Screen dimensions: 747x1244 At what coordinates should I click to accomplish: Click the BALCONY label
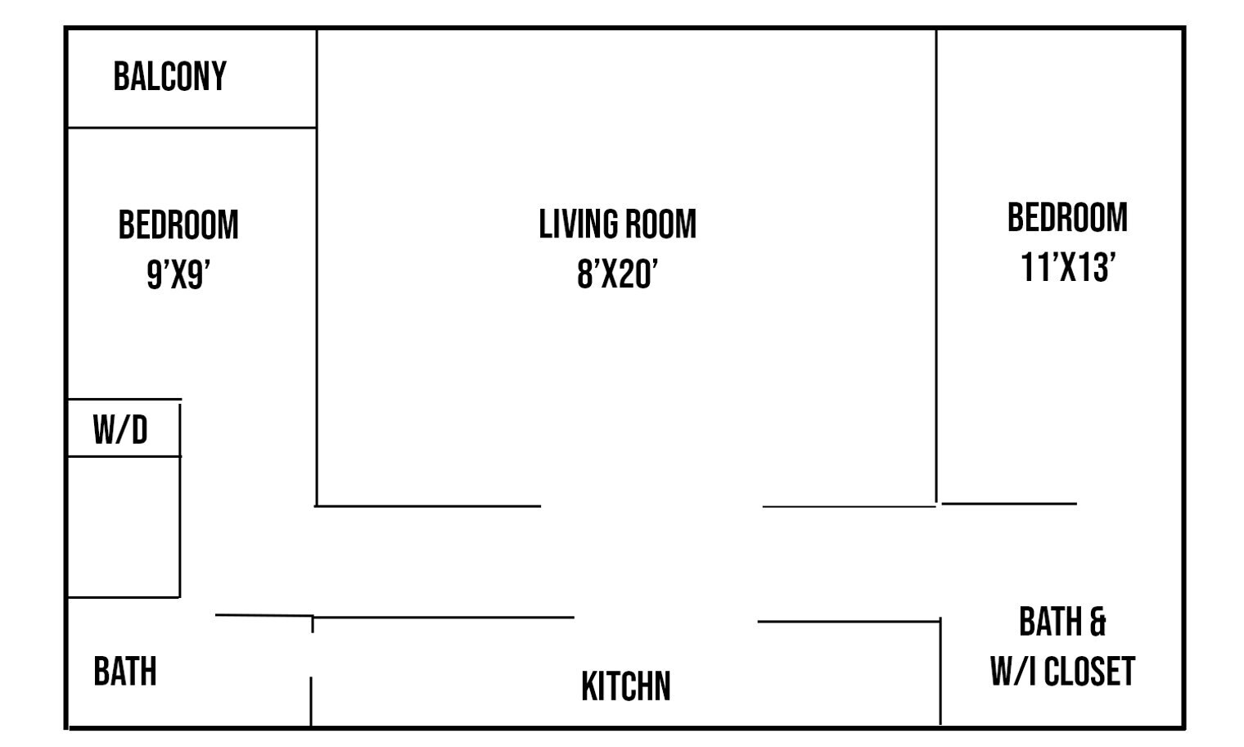pyautogui.click(x=169, y=77)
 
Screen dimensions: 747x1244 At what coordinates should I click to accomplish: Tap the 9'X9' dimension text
pyautogui.click(x=178, y=274)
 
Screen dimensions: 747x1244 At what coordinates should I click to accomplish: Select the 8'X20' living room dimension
pyautogui.click(x=617, y=274)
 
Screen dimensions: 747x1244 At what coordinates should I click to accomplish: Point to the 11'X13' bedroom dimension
pyautogui.click(x=1067, y=267)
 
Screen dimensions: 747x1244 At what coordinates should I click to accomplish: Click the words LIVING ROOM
pyautogui.click(x=617, y=224)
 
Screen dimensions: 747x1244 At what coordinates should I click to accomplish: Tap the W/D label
pyautogui.click(x=120, y=430)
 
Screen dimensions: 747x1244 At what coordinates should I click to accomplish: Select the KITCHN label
pyautogui.click(x=625, y=686)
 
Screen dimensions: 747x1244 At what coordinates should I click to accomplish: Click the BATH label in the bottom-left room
pyautogui.click(x=124, y=672)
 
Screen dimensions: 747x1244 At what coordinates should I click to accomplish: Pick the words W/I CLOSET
pyautogui.click(x=1061, y=672)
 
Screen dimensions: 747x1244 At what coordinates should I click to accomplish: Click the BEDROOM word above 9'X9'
pyautogui.click(x=178, y=225)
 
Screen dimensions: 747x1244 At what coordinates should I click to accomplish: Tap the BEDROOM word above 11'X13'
pyautogui.click(x=1067, y=218)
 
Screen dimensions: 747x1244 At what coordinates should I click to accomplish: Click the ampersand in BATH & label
pyautogui.click(x=1098, y=622)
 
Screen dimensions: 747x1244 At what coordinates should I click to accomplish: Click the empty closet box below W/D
pyautogui.click(x=123, y=527)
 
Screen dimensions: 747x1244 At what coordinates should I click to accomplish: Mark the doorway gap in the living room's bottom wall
pyautogui.click(x=651, y=506)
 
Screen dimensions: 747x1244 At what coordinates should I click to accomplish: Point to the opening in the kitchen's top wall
pyautogui.click(x=665, y=619)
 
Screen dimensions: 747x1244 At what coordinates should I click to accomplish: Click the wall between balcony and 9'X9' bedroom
pyautogui.click(x=191, y=128)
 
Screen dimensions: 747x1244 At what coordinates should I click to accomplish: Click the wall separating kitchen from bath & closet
pyautogui.click(x=940, y=672)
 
